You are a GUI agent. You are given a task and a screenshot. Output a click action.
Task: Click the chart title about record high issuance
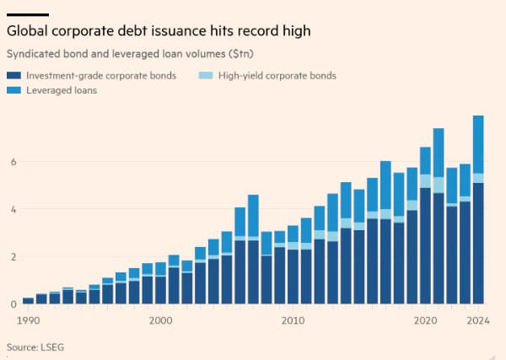[x=159, y=31]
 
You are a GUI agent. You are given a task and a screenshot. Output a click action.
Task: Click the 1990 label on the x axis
[x=28, y=320]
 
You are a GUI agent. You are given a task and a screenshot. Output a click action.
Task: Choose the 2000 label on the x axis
[x=160, y=320]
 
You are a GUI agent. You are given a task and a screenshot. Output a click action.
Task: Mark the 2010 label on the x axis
[x=293, y=320]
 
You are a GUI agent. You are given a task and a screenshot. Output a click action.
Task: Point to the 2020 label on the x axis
[x=425, y=320]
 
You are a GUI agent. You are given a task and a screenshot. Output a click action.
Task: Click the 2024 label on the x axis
[x=478, y=320]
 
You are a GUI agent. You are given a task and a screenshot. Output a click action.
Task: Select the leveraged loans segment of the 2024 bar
[x=478, y=144]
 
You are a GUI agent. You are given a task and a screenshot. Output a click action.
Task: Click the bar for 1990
[x=28, y=300]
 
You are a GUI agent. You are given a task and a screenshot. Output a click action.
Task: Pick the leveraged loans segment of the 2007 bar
[x=253, y=215]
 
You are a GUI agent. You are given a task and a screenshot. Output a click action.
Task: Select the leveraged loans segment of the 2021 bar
[x=439, y=153]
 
